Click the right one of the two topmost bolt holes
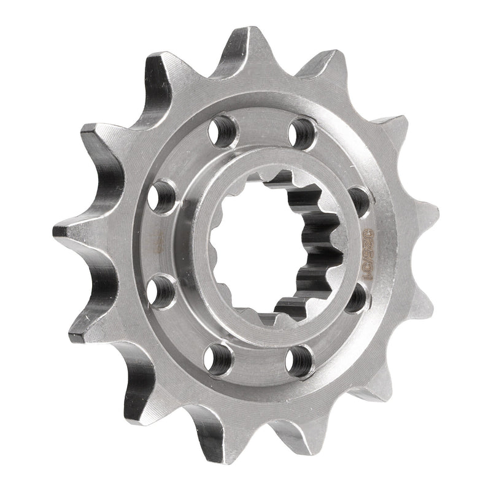303,131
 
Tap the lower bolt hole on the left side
161,291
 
